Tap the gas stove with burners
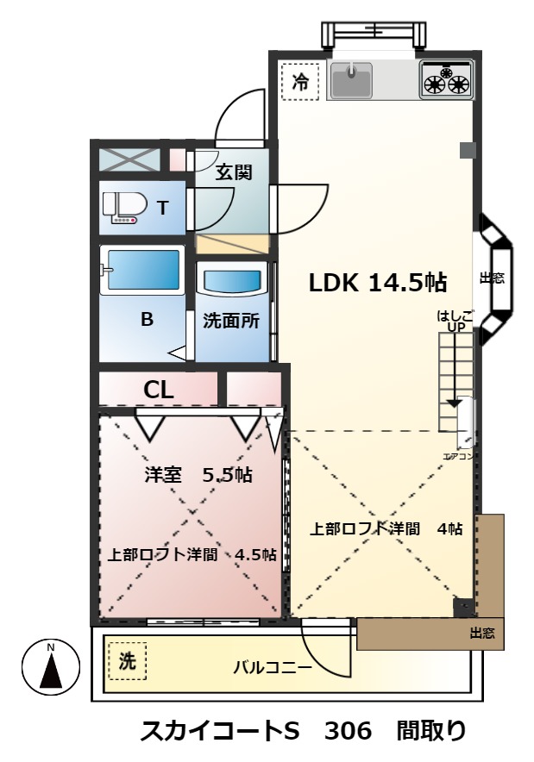(x=447, y=79)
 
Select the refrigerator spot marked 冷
(x=299, y=84)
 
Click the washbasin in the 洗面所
(x=231, y=283)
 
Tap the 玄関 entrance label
(x=233, y=172)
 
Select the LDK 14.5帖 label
(x=378, y=281)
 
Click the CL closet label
(x=159, y=390)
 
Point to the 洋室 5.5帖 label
(x=198, y=474)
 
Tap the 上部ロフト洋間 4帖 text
(x=386, y=528)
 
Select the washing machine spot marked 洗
(x=127, y=662)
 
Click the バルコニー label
(x=272, y=666)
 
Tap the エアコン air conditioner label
(x=458, y=456)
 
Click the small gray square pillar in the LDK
(x=467, y=151)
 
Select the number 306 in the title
(x=348, y=731)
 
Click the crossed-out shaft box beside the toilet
(x=129, y=159)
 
